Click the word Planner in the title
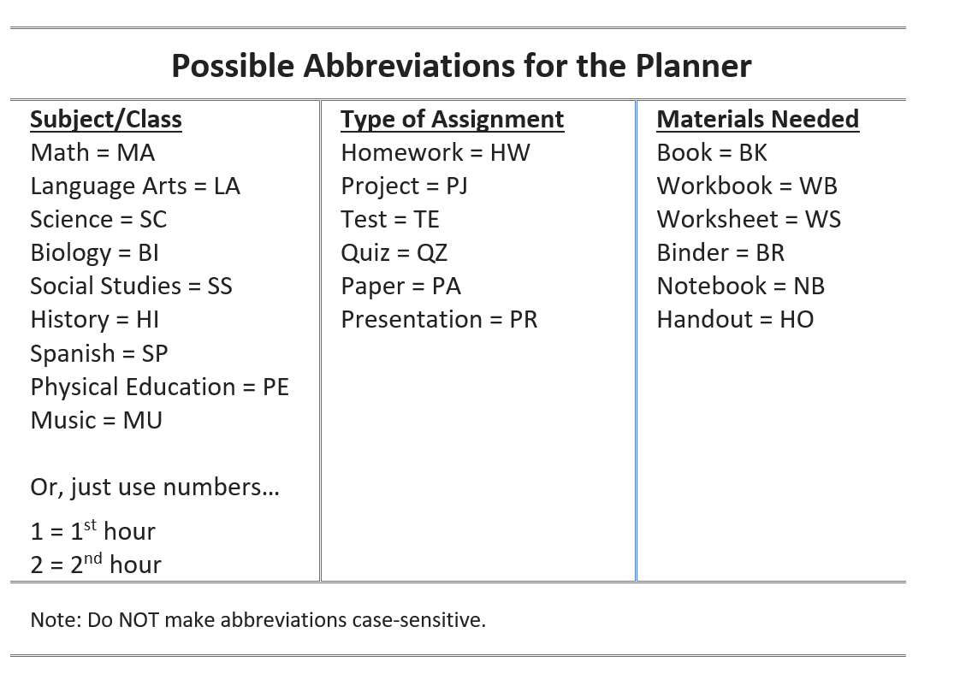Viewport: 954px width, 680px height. click(x=694, y=66)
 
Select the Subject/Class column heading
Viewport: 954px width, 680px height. click(x=106, y=119)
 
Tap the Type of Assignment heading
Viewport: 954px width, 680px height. click(x=452, y=120)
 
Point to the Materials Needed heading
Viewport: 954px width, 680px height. click(x=757, y=119)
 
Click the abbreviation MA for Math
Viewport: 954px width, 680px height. click(x=136, y=152)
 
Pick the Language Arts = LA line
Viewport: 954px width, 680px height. click(x=135, y=186)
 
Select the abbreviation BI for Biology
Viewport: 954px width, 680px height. click(x=149, y=253)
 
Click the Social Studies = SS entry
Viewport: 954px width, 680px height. click(x=132, y=286)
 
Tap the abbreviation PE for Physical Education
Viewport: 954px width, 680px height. click(x=276, y=387)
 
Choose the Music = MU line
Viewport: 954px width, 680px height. click(x=96, y=420)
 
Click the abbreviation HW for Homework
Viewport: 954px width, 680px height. click(x=510, y=152)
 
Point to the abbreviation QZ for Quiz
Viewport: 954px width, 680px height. click(x=432, y=253)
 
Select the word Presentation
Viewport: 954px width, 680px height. click(x=412, y=319)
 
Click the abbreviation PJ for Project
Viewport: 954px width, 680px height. click(x=457, y=186)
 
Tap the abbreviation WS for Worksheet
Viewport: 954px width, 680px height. click(x=822, y=220)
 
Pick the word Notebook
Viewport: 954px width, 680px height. click(x=712, y=286)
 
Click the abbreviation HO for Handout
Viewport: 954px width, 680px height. click(x=797, y=319)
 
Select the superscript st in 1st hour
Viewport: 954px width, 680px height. click(x=90, y=524)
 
